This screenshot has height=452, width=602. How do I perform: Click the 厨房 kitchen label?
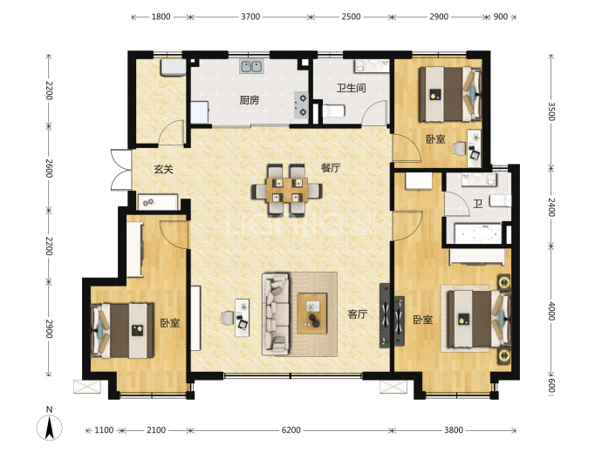250,100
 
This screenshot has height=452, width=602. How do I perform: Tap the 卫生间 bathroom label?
351,88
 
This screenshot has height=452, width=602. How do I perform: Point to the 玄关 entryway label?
163,169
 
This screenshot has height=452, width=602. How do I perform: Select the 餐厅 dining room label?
331,167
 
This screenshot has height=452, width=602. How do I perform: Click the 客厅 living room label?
358,314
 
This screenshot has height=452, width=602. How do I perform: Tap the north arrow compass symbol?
50,426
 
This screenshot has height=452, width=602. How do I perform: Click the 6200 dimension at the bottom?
291,430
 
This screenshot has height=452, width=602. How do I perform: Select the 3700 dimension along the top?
250,17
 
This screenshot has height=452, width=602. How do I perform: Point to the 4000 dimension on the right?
551,311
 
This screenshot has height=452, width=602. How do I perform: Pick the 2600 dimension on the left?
49,168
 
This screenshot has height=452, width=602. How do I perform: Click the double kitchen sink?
251,66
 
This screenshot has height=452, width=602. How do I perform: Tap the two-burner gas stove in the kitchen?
301,105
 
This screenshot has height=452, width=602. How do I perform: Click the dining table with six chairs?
287,190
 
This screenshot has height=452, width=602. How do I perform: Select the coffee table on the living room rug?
312,314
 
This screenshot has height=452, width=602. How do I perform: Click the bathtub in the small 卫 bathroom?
477,233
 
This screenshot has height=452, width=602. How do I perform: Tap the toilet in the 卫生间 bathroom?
333,111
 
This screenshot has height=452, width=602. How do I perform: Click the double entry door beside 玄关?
121,170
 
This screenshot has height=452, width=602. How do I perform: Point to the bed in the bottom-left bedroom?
122,330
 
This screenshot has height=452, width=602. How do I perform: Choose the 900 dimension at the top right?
500,17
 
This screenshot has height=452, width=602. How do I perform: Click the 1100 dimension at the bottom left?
104,430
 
